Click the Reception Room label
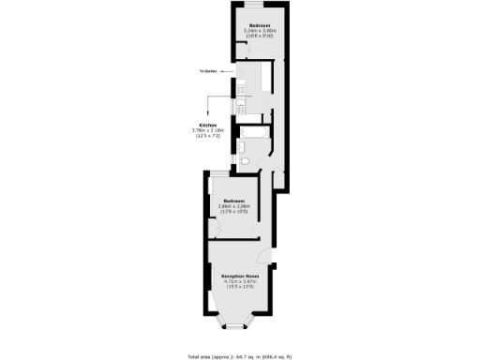[x=240, y=276]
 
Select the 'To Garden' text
[x=208, y=71]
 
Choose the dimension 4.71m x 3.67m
[x=240, y=281]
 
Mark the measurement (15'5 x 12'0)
[x=240, y=287]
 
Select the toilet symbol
[x=244, y=161]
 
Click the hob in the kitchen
[x=242, y=91]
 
